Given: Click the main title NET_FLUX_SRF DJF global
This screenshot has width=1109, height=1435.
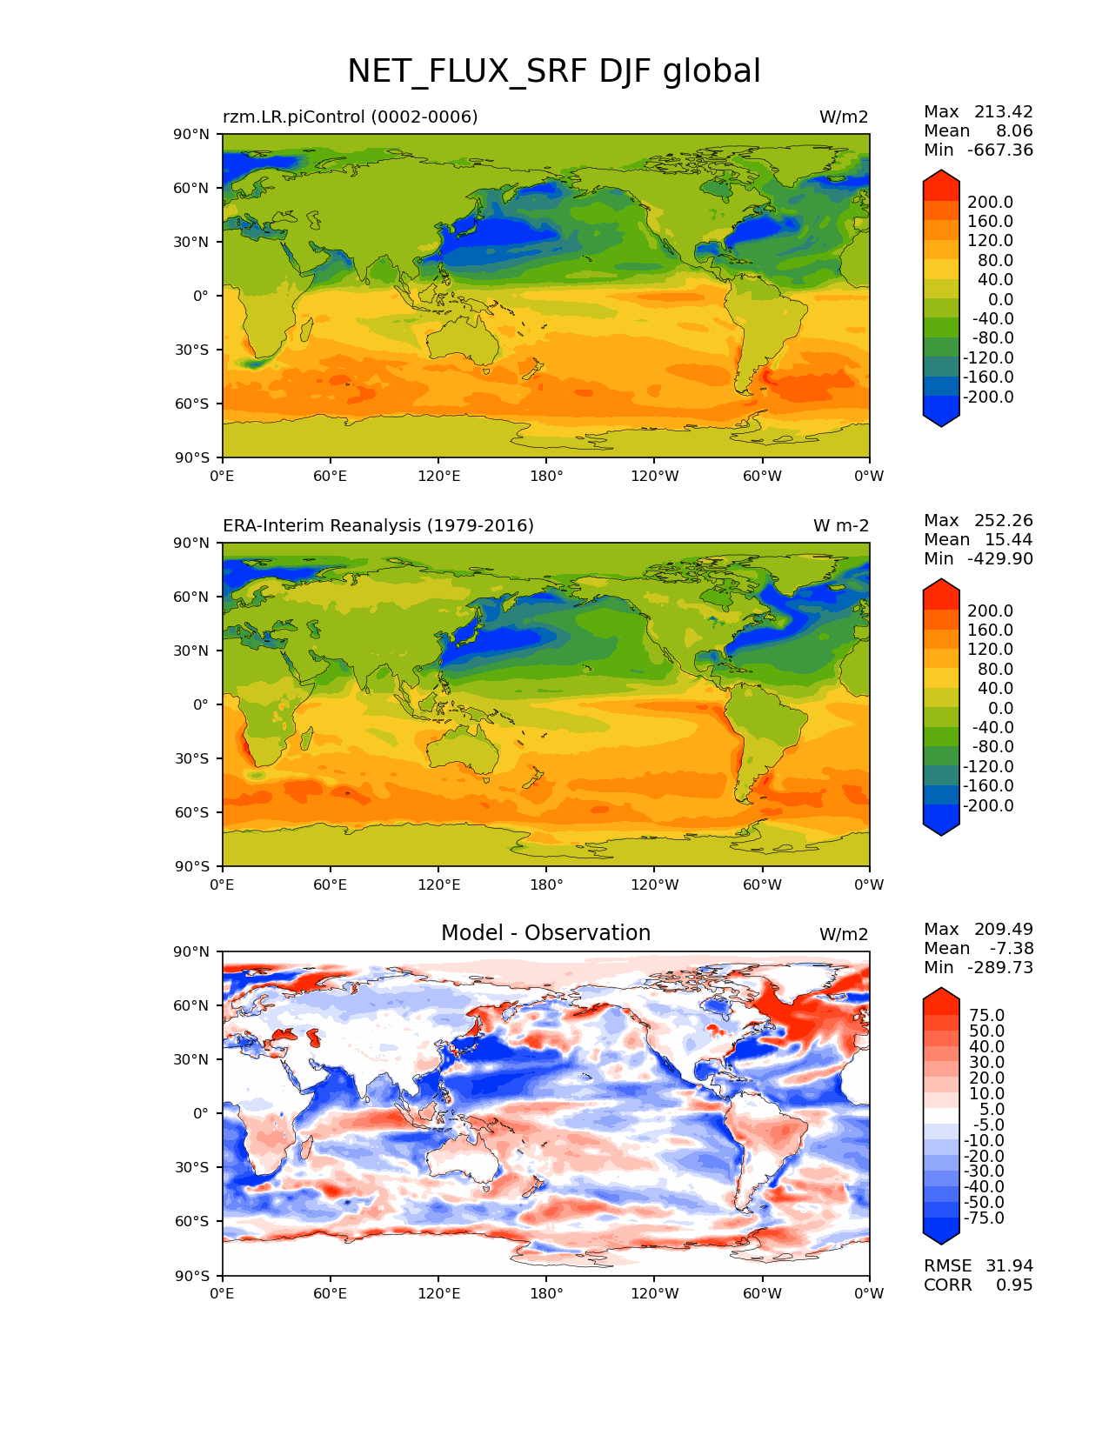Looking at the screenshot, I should point(554,71).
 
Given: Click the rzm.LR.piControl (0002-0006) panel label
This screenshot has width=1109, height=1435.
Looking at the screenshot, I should point(351,117).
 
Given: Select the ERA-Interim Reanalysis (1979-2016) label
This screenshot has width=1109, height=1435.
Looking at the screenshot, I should point(378,525).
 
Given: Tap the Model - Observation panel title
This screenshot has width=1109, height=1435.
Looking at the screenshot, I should point(545,933).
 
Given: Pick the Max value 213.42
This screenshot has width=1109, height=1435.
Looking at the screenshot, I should point(1004,111).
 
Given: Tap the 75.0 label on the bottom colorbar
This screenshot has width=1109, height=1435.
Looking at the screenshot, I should point(987,1016).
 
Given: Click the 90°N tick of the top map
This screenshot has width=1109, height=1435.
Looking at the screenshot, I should point(192,134).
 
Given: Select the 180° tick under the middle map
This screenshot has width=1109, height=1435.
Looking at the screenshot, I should point(546,884).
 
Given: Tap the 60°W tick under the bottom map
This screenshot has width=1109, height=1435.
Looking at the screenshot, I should point(762,1293).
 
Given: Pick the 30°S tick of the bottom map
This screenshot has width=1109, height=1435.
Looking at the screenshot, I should point(192,1167).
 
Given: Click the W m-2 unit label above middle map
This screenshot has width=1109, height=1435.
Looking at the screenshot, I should point(840,525).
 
